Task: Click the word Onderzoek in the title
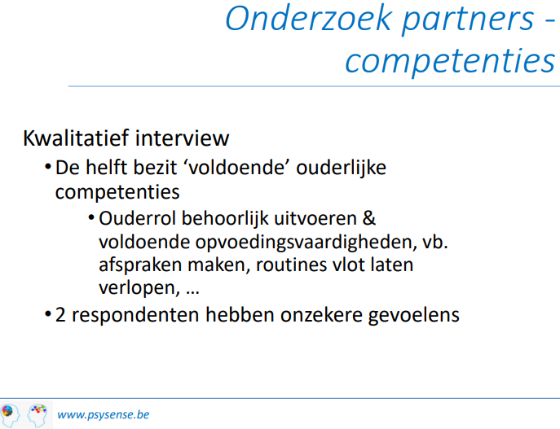click(308, 19)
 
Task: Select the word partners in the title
click(468, 20)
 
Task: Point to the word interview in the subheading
click(182, 138)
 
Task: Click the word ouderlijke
click(341, 168)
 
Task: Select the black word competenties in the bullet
click(117, 193)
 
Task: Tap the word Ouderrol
click(138, 218)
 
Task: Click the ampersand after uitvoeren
click(369, 218)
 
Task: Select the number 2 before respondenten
click(60, 315)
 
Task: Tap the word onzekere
click(321, 315)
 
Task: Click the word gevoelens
click(413, 316)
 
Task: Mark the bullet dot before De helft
click(48, 167)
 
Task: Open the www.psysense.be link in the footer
click(104, 414)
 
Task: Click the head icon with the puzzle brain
click(10, 415)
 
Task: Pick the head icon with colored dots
click(37, 415)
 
